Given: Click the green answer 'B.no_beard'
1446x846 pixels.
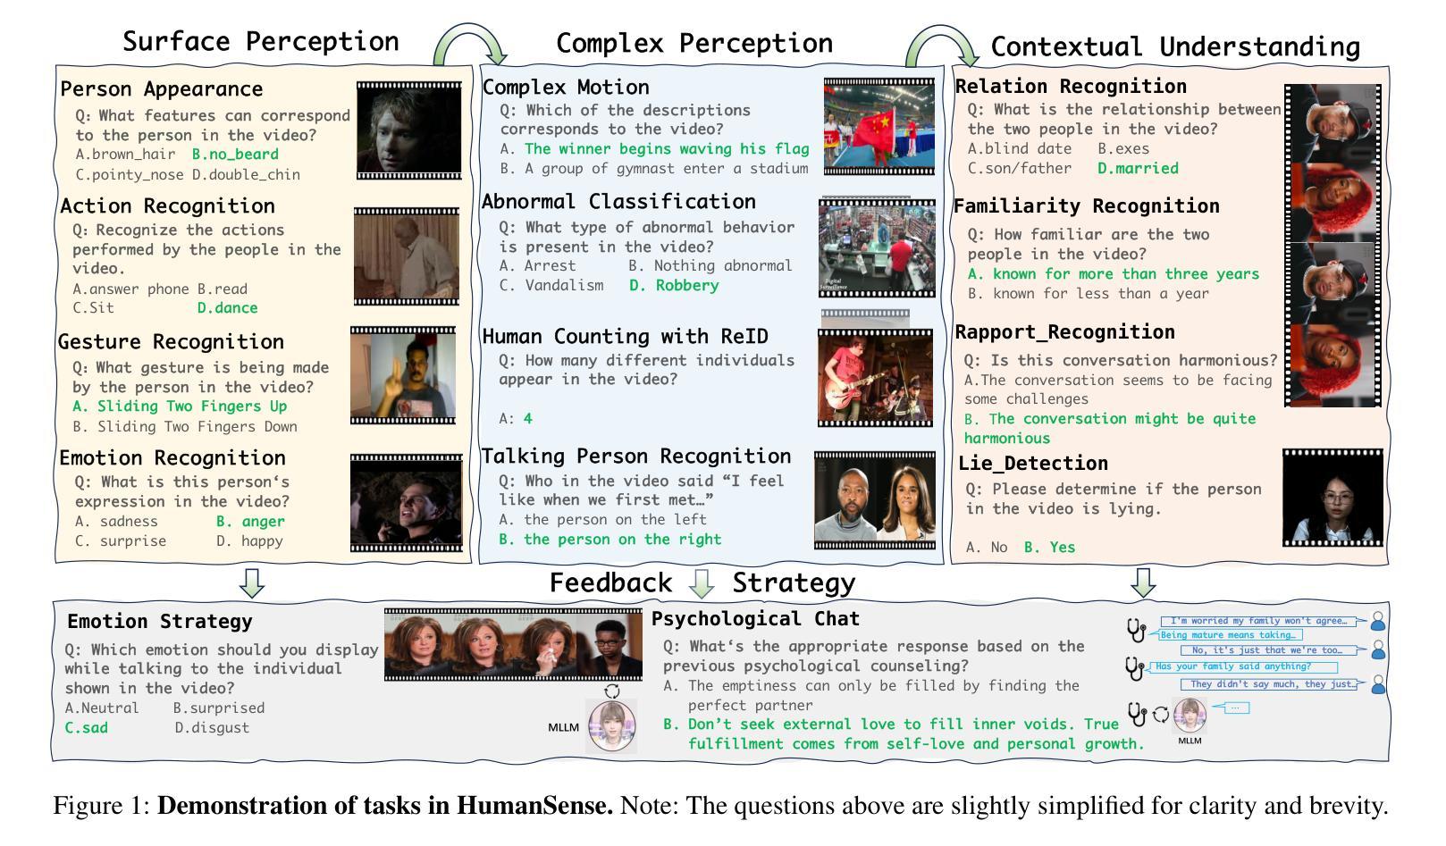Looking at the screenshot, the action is [236, 155].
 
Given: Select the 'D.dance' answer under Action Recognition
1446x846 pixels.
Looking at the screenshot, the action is [227, 308].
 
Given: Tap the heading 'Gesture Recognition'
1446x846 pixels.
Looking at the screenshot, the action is [171, 341].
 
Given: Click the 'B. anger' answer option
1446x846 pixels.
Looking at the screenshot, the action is [250, 522].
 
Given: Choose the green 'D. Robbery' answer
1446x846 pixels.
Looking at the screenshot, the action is [675, 285].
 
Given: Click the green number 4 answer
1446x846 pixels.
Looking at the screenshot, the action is [528, 418].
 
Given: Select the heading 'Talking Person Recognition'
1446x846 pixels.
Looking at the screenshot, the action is [636, 457].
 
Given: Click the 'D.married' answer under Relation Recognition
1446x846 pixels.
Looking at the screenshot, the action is [1138, 169].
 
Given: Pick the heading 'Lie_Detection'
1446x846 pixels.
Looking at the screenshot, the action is [1033, 463].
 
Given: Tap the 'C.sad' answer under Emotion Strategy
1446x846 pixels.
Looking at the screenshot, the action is [87, 728].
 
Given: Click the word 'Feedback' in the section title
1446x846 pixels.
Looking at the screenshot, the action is [610, 582].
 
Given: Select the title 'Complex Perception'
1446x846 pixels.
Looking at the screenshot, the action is [694, 43].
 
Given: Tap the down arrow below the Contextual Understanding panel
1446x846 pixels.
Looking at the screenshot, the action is [1143, 582].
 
